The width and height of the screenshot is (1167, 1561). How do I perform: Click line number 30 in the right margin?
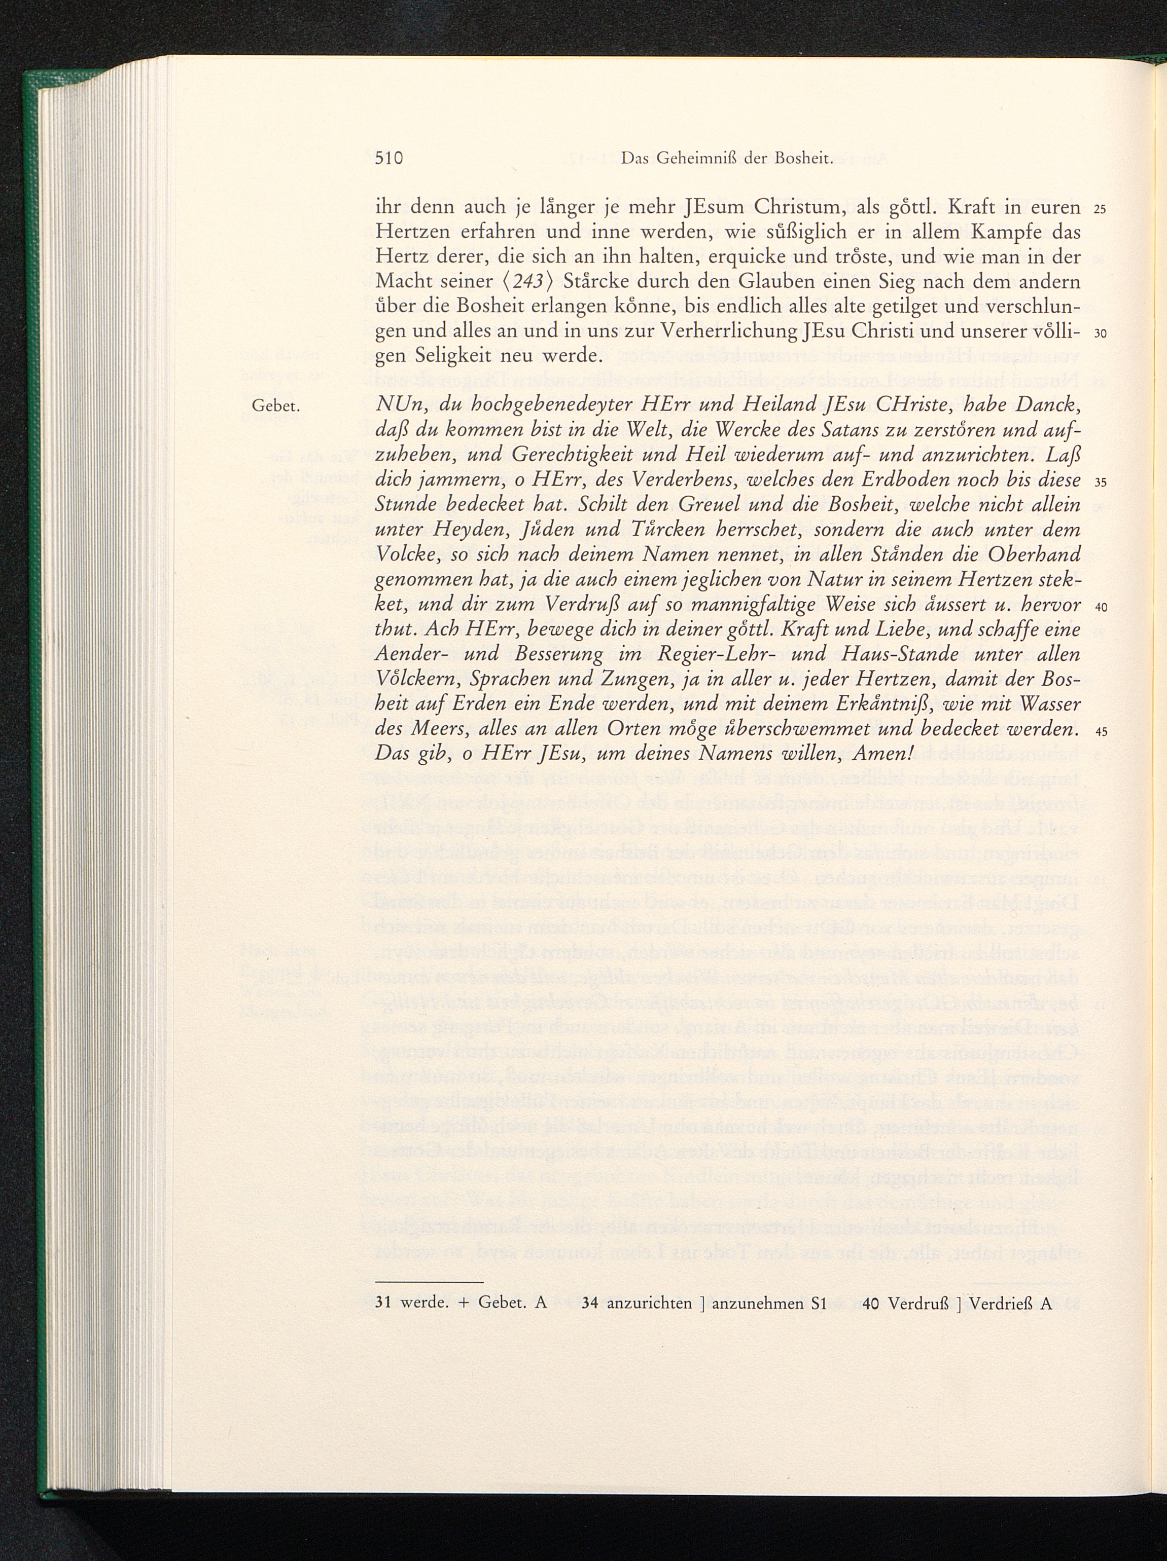(x=1101, y=334)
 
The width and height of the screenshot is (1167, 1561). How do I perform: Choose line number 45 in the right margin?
(x=1101, y=732)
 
